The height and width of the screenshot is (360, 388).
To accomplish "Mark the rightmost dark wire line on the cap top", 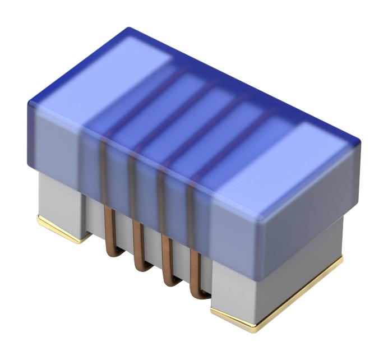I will (x=235, y=140).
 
